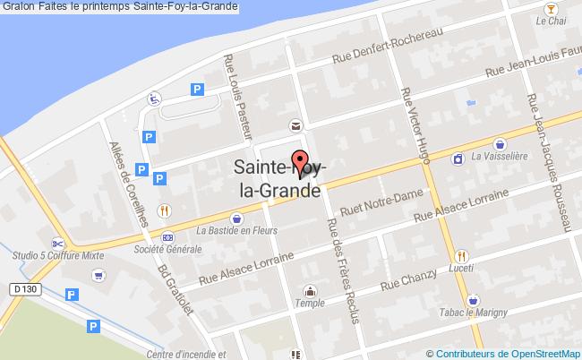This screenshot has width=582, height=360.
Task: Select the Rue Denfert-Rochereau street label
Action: point(387,45)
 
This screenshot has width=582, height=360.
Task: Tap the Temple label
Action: point(311,304)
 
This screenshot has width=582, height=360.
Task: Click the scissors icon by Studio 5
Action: point(56,243)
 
